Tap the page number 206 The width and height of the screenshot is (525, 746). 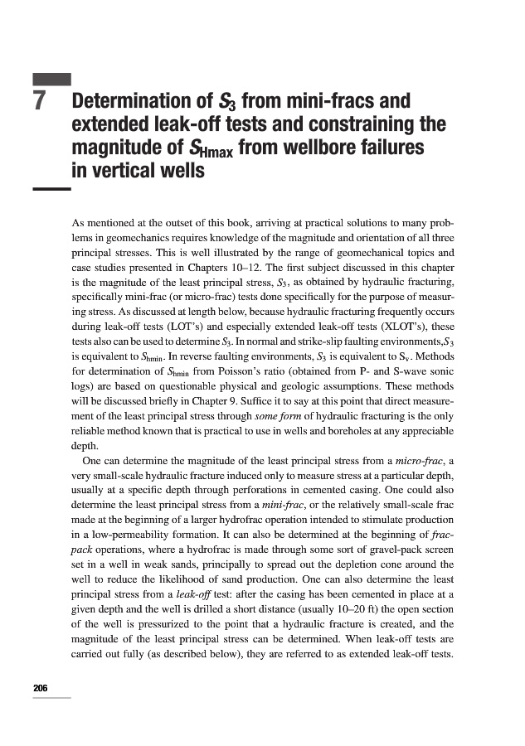40,688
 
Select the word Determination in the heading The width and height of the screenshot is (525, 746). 133,103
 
